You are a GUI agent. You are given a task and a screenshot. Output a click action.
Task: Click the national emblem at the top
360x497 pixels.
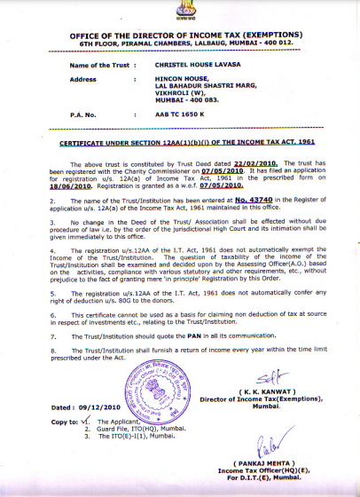tap(179, 12)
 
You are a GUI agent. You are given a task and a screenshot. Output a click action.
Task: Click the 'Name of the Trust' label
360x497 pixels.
tap(99, 66)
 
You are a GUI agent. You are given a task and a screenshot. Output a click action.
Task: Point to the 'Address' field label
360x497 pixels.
tap(83, 78)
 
